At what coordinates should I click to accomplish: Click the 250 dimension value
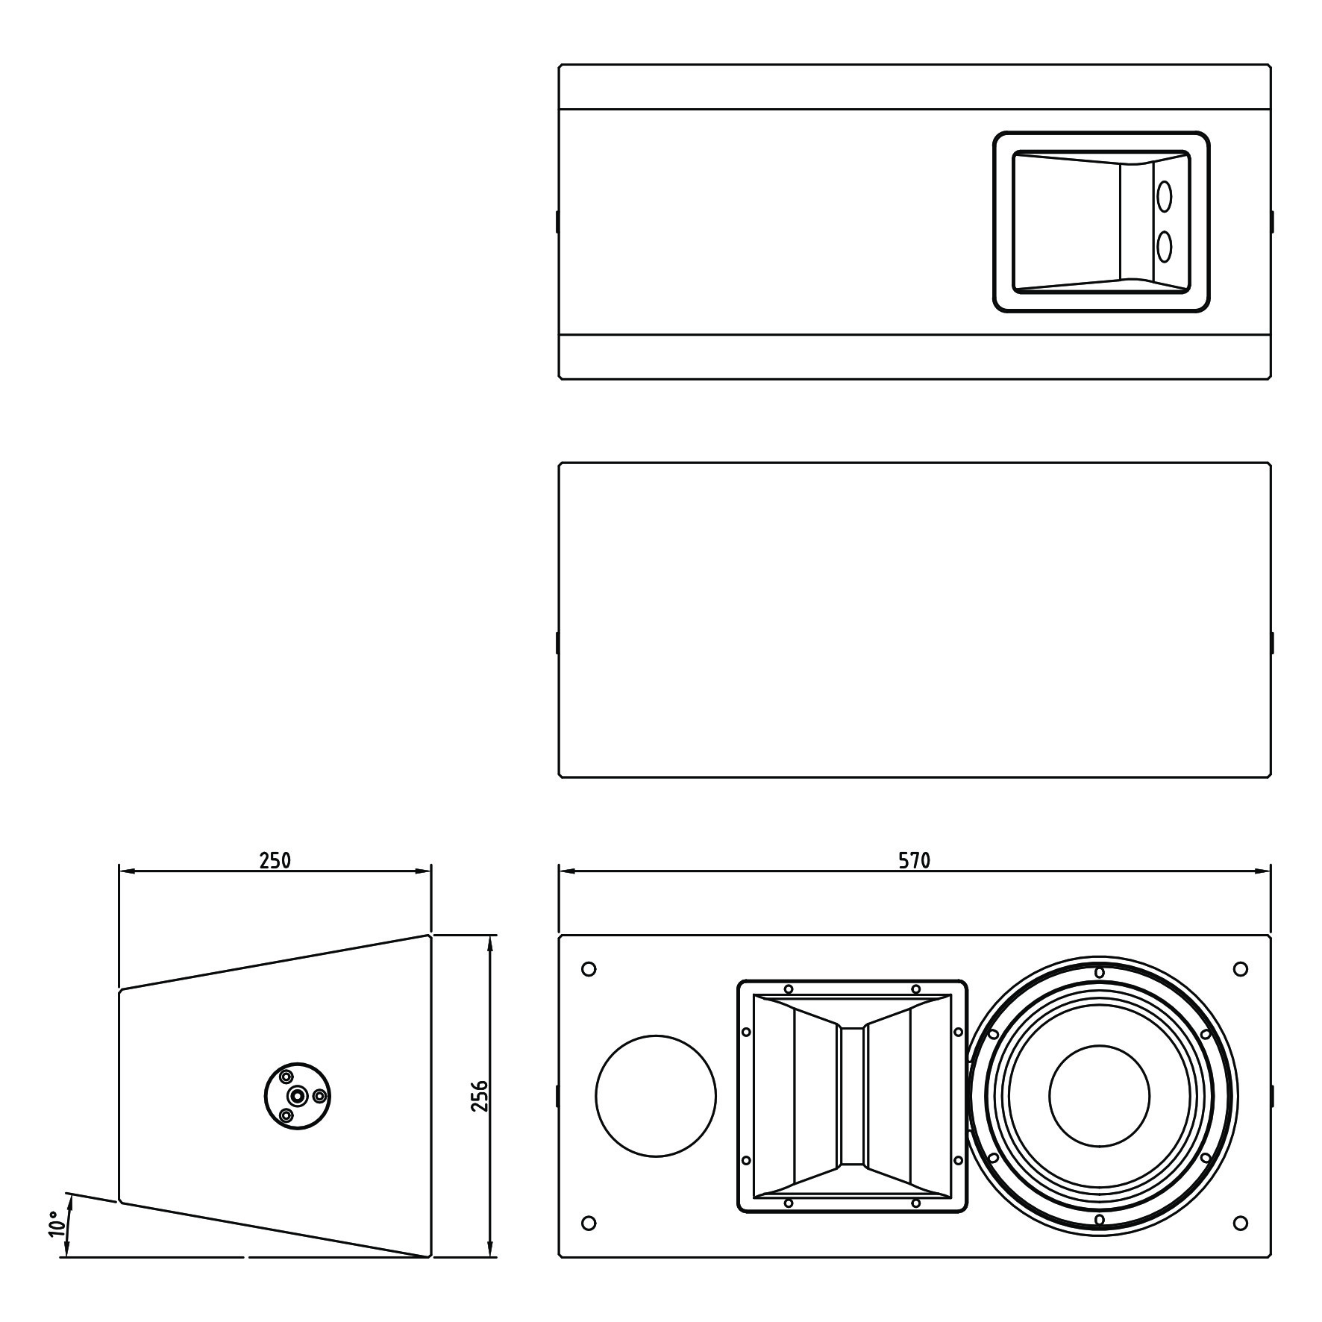(x=275, y=860)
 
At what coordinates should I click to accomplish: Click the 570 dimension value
(x=914, y=861)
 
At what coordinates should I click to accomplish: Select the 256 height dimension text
(x=480, y=1096)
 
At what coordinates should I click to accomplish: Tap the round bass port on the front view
(x=656, y=1096)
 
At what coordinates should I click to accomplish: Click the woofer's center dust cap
(x=1099, y=1095)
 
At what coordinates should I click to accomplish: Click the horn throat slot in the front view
(x=853, y=1095)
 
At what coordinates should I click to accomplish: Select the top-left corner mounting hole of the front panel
(x=588, y=969)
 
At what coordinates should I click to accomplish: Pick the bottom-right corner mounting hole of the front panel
(x=1241, y=1223)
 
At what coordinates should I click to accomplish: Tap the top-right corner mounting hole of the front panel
(x=1241, y=969)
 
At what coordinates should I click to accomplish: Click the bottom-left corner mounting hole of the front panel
(x=588, y=1223)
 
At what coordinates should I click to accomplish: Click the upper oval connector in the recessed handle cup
(x=1164, y=197)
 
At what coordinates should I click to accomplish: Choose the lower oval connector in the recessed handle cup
(x=1164, y=246)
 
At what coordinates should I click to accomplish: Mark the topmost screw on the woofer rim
(x=1099, y=972)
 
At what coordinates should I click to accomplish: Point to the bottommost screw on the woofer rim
(x=1099, y=1219)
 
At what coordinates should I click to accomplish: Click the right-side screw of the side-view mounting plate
(x=319, y=1096)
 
